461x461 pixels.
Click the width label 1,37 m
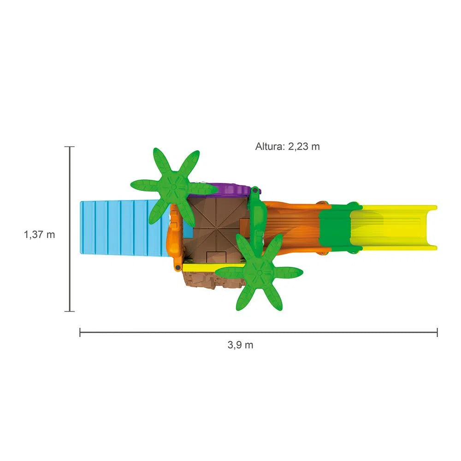pyautogui.click(x=39, y=235)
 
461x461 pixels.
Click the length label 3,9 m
pyautogui.click(x=240, y=345)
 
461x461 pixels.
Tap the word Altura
pyautogui.click(x=270, y=146)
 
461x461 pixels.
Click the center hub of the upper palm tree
pyautogui.click(x=173, y=187)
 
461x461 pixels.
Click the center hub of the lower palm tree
pyautogui.click(x=259, y=272)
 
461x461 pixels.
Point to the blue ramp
pyautogui.click(x=124, y=228)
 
